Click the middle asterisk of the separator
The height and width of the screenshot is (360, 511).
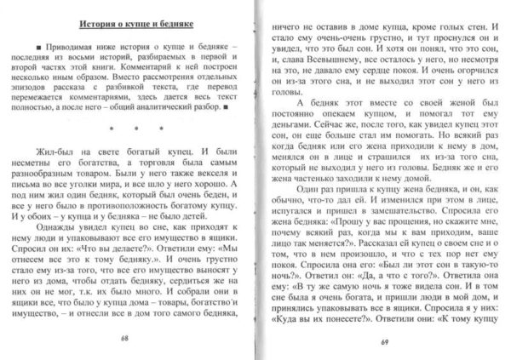129,133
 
